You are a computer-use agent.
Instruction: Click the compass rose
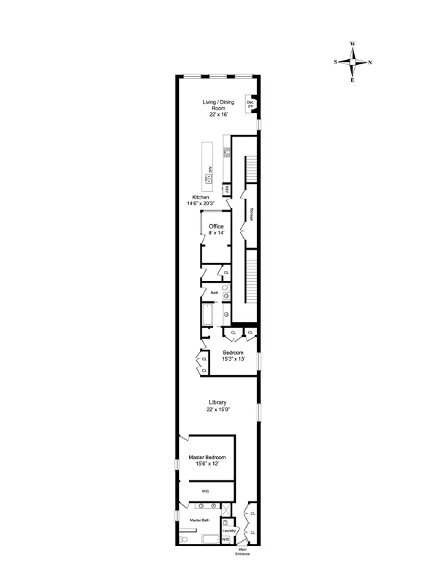[x=353, y=62]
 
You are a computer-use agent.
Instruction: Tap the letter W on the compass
[x=353, y=45]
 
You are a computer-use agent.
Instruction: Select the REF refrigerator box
[x=227, y=190]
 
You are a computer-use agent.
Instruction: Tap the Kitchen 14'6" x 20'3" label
[x=201, y=201]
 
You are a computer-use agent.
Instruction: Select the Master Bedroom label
[x=207, y=460]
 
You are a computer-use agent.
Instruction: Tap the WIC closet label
[x=206, y=492]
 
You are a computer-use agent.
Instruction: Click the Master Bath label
[x=200, y=520]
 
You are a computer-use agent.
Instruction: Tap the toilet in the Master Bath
[x=184, y=539]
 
